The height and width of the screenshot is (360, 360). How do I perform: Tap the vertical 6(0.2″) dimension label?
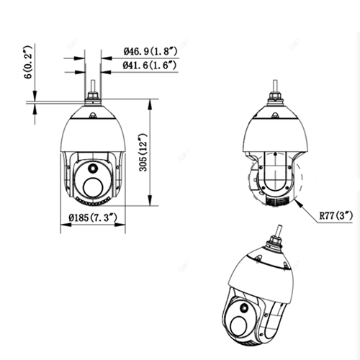pos(27,72)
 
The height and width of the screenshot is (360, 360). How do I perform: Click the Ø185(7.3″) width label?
pos(89,218)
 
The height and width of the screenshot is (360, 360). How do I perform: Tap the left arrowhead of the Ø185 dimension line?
pos(60,227)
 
